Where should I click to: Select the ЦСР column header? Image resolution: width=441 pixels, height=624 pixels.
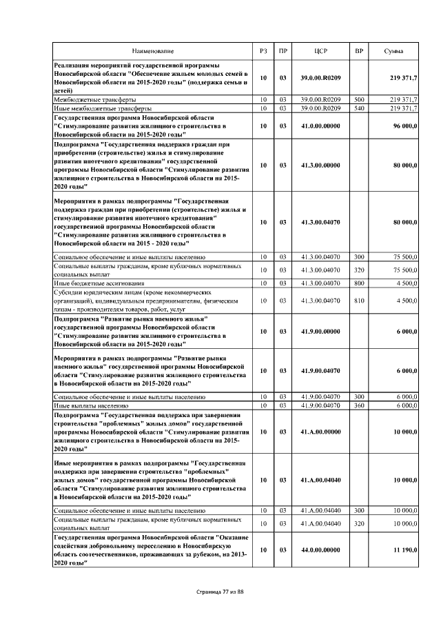(320, 52)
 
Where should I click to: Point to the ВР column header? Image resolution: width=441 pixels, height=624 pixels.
(358, 52)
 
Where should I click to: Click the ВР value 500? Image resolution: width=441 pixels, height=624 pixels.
(358, 100)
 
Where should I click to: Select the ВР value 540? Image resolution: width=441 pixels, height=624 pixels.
(358, 108)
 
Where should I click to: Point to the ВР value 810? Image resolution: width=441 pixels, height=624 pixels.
(358, 301)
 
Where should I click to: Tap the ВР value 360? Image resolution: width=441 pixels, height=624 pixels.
(358, 405)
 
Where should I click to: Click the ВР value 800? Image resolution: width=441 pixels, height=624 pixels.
(358, 283)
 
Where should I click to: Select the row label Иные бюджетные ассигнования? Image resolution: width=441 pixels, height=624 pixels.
(99, 283)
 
